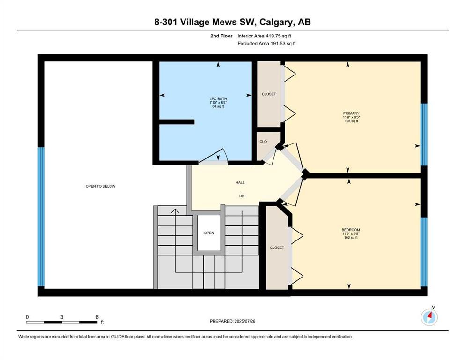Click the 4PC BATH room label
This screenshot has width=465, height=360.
218,99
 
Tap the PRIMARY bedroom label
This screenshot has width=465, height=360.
351,113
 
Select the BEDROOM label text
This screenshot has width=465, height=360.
351,230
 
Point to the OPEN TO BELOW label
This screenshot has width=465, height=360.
101,186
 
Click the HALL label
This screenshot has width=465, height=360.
240,182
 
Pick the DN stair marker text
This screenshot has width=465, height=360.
242,196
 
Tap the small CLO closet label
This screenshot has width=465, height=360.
263,142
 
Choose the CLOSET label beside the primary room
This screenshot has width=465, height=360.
269,94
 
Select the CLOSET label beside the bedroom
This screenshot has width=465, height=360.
277,247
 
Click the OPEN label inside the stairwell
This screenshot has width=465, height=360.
209,233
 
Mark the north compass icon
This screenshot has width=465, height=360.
429,317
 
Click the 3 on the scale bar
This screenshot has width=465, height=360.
62,317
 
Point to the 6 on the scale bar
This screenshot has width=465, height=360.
97,317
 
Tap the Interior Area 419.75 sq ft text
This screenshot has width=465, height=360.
264,36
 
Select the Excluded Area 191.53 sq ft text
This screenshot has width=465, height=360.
266,43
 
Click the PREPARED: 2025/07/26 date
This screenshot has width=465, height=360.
232,321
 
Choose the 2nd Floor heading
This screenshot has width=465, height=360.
221,36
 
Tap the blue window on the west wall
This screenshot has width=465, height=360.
42,217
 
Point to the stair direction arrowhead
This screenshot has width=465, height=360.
175,211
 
